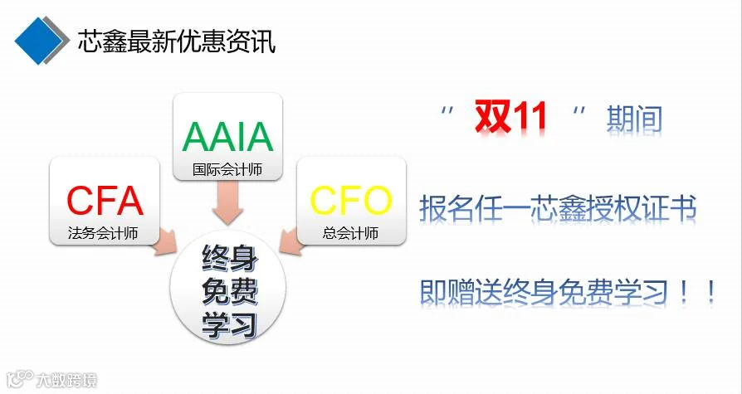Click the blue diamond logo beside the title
pyautogui.click(x=39, y=41)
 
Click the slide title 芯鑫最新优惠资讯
pyautogui.click(x=177, y=41)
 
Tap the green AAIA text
pyautogui.click(x=228, y=137)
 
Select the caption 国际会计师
pyautogui.click(x=227, y=170)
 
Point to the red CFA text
pyautogui.click(x=105, y=201)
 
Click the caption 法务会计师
pyautogui.click(x=103, y=233)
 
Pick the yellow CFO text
pyautogui.click(x=350, y=201)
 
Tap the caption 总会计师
pyautogui.click(x=350, y=233)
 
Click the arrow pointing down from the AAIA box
pyautogui.click(x=227, y=202)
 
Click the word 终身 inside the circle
pyautogui.click(x=230, y=258)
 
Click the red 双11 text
pyautogui.click(x=511, y=117)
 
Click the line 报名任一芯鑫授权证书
pyautogui.click(x=558, y=208)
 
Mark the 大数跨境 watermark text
pyautogui.click(x=66, y=380)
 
